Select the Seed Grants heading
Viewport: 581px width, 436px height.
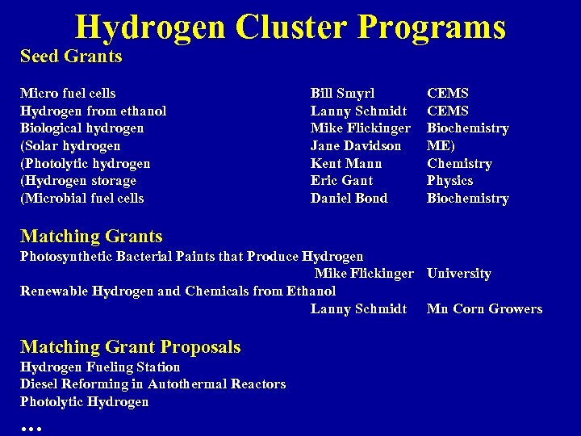tap(71, 57)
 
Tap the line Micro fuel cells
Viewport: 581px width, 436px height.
tap(68, 94)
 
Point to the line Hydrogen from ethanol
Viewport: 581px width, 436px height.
tap(93, 111)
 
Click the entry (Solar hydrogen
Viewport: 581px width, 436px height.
tap(70, 146)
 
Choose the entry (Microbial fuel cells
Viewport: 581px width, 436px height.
tap(82, 199)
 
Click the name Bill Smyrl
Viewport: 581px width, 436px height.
tap(342, 94)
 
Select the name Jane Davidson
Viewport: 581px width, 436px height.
tap(355, 146)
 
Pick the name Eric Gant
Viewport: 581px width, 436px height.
tap(342, 181)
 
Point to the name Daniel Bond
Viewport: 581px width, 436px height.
tap(349, 199)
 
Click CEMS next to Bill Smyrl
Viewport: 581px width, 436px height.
tap(447, 94)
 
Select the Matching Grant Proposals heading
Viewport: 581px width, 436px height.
tap(130, 347)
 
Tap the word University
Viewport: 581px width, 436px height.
tap(458, 274)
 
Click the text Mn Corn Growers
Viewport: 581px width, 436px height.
tap(484, 308)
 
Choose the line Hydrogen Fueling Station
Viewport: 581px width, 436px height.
tap(100, 367)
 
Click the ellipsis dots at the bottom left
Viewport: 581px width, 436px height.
tap(31, 426)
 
